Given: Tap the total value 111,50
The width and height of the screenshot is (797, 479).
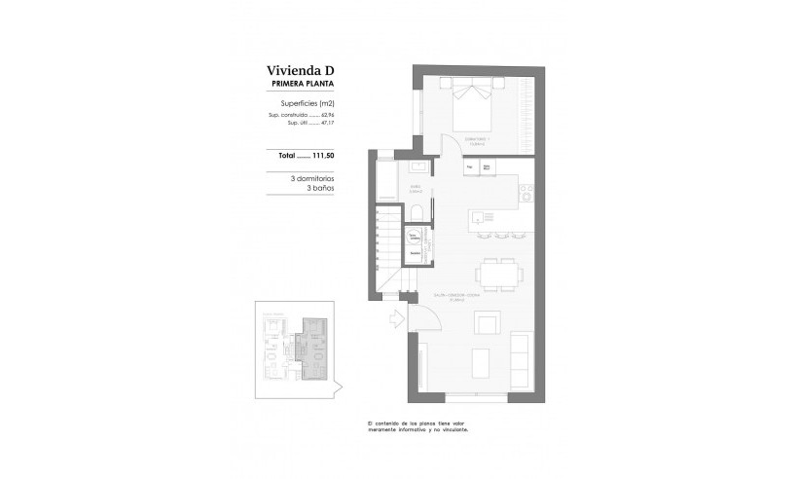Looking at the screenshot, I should pos(321,155).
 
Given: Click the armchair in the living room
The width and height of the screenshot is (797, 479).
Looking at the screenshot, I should pos(483,321).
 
